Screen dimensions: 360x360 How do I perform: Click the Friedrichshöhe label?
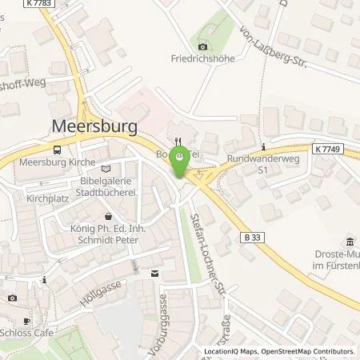point(200,57)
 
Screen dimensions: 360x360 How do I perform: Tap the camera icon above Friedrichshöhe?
point(200,43)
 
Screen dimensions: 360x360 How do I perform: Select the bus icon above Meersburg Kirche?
point(57,150)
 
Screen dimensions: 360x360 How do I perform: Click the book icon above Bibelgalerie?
point(107,167)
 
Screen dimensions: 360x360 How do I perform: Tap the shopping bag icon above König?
point(109,216)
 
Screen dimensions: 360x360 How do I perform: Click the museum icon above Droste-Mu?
point(350,242)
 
